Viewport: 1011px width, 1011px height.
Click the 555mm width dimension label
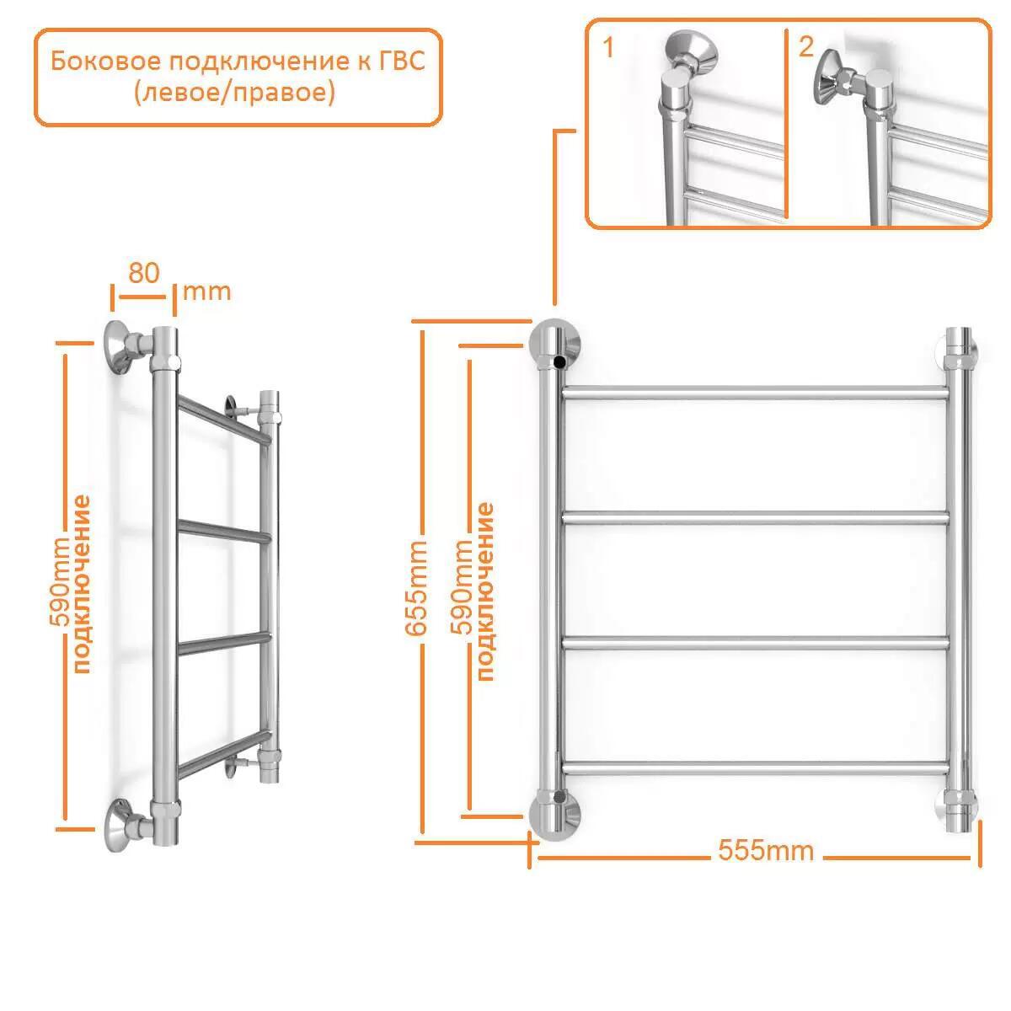pyautogui.click(x=766, y=850)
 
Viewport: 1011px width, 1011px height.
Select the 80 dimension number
pyautogui.click(x=144, y=273)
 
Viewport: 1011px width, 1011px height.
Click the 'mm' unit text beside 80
pyautogui.click(x=206, y=292)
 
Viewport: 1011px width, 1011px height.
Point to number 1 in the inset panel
pyautogui.click(x=608, y=47)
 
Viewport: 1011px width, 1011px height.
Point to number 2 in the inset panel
pyautogui.click(x=806, y=46)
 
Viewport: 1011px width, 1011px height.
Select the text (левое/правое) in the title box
pyautogui.click(x=234, y=94)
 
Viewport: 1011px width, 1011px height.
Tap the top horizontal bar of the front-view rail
pyautogui.click(x=756, y=393)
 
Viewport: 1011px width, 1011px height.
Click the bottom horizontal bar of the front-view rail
pyautogui.click(x=756, y=768)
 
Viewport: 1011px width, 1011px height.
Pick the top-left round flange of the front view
pyautogui.click(x=555, y=343)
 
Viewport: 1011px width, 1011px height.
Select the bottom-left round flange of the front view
pyautogui.click(x=555, y=814)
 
